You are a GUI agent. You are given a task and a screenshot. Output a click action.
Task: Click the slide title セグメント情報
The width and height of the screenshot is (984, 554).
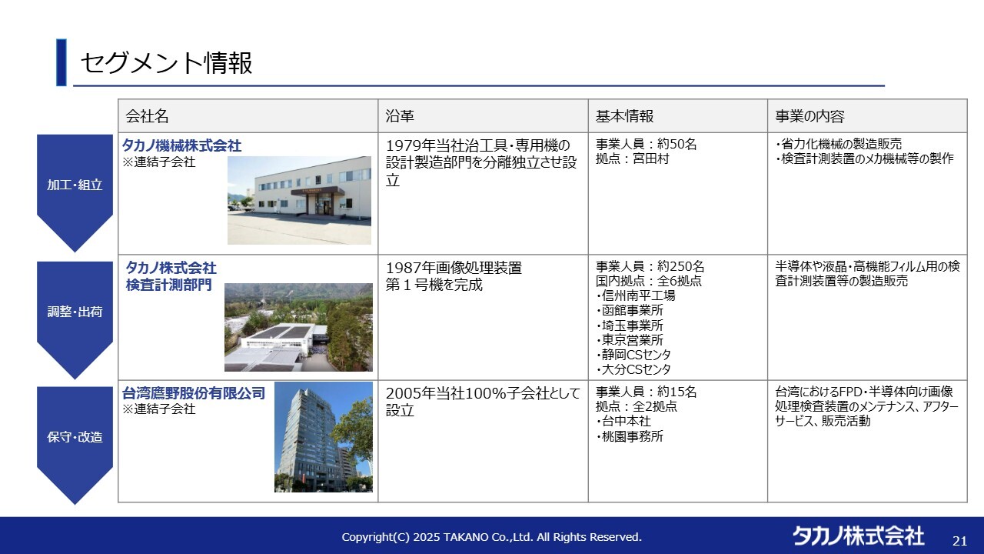[167, 62]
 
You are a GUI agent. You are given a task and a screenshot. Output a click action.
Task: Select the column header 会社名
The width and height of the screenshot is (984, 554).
[147, 116]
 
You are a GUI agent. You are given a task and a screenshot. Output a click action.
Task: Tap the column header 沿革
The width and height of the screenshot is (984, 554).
[400, 116]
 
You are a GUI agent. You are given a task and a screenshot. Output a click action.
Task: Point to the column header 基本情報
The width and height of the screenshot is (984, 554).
[624, 116]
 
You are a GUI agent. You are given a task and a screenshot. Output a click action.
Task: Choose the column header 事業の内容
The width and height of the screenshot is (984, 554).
[809, 116]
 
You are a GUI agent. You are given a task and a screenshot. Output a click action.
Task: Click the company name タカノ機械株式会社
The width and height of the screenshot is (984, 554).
[182, 145]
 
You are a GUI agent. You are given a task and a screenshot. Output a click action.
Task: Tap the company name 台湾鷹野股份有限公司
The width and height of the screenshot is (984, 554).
[194, 392]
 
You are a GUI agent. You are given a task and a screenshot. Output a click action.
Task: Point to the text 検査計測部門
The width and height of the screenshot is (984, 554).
[168, 285]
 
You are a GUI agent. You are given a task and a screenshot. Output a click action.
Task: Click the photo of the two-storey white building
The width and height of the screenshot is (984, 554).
[299, 201]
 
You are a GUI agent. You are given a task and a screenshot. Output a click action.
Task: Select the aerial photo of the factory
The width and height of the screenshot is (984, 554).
[298, 327]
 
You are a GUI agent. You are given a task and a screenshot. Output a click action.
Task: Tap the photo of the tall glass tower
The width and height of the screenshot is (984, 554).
[324, 437]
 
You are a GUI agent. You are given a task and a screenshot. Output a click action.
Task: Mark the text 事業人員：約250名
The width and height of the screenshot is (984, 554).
[650, 266]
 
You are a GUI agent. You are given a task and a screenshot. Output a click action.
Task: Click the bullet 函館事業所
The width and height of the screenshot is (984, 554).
[630, 310]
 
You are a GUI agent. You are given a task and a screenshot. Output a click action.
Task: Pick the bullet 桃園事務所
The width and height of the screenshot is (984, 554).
[630, 436]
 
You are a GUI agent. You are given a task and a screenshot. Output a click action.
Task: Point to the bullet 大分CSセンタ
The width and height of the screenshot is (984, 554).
[633, 369]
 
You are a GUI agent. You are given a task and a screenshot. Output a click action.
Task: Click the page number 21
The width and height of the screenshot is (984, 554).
[960, 541]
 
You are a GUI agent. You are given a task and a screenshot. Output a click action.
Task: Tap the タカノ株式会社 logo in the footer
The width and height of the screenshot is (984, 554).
[858, 536]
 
